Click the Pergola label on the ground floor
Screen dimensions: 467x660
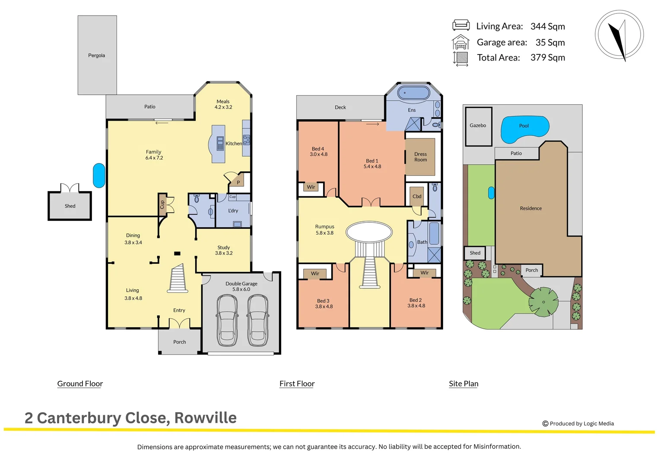(x=97, y=55)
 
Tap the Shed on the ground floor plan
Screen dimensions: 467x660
(x=70, y=206)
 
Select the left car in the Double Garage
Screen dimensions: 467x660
(x=227, y=320)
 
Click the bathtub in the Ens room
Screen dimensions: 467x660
(x=413, y=93)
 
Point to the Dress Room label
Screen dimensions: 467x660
(x=420, y=157)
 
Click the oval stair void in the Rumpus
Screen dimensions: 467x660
(x=369, y=232)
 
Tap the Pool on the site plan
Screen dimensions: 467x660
(x=524, y=128)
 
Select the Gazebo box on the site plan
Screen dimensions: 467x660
(x=478, y=126)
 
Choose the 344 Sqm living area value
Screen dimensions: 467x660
(x=547, y=26)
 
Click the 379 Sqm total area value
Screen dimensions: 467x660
(x=547, y=58)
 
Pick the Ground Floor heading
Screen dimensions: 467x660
(x=80, y=384)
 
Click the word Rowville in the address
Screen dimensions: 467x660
(x=205, y=418)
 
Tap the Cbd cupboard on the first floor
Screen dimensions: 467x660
(x=417, y=196)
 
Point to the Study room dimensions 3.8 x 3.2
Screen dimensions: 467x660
(x=224, y=253)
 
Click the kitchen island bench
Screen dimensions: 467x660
(x=218, y=144)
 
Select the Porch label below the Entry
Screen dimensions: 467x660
(x=180, y=342)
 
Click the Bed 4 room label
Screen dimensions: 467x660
(x=317, y=149)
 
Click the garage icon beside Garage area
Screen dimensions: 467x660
(x=460, y=42)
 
